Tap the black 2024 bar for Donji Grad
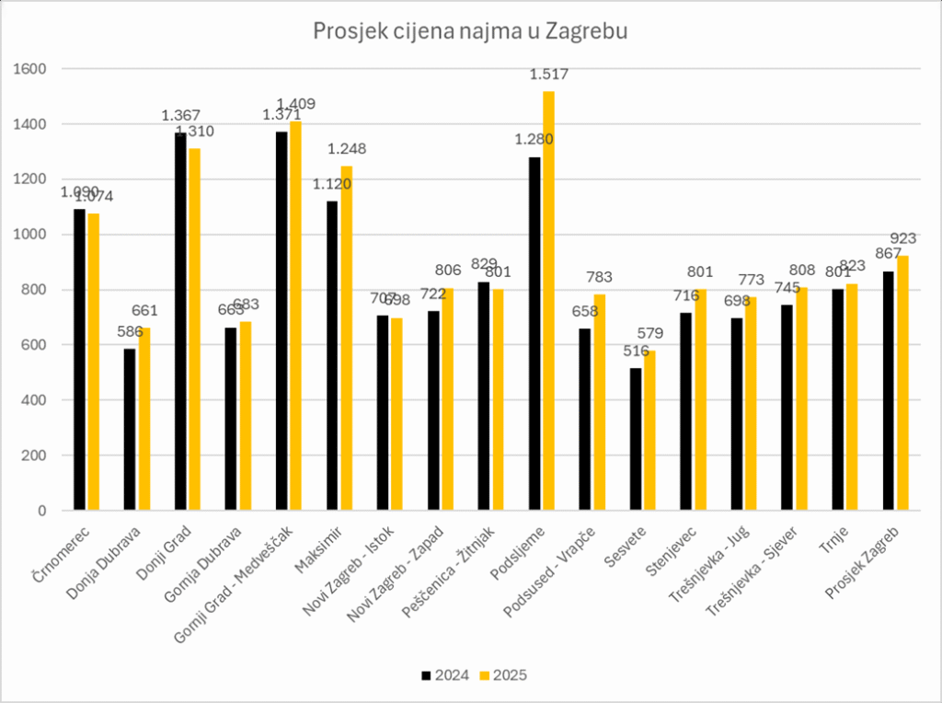[181, 322]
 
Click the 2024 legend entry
[445, 674]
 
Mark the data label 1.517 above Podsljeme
[548, 75]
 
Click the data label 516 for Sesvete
[635, 351]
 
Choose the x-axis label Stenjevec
[675, 550]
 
